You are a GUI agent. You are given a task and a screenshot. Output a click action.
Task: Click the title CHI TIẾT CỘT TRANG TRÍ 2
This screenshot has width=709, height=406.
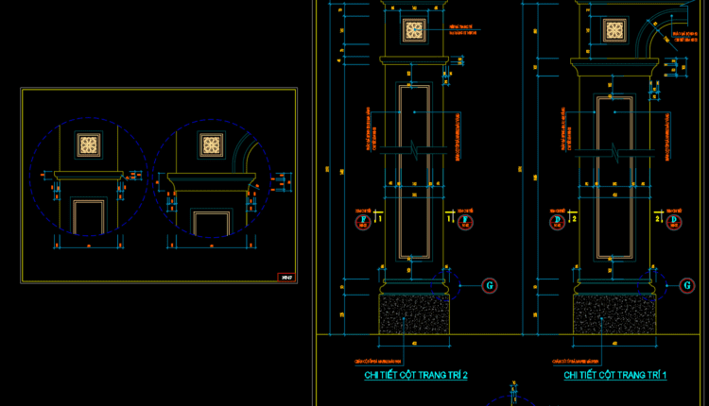coord(416,376)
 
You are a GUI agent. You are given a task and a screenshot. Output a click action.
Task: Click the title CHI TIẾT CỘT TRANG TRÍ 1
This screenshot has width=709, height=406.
coord(615,376)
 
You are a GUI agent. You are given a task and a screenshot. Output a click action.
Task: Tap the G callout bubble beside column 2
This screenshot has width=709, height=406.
coord(489,284)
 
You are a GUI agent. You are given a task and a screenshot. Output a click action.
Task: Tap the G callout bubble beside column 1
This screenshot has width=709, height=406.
coord(686,284)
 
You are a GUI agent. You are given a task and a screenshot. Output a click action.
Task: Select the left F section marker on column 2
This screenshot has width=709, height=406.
coord(360,222)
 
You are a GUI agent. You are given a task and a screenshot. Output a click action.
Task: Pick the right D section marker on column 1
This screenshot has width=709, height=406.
coord(674,222)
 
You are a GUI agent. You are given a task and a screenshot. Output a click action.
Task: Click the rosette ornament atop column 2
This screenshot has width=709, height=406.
coord(413,30)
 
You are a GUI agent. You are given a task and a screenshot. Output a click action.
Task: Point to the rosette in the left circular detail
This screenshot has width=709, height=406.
coord(88,144)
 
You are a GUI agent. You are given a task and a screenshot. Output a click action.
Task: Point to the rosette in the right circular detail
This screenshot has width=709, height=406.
coord(210,144)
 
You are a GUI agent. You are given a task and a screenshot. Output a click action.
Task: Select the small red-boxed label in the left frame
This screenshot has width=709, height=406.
coord(285,277)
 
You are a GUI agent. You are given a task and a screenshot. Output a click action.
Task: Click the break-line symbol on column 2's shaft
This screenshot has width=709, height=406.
coord(416,151)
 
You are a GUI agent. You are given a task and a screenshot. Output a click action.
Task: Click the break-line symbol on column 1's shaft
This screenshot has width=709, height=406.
coord(614,151)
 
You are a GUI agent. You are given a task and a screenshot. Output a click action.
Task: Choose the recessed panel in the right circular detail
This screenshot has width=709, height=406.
coord(210,223)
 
